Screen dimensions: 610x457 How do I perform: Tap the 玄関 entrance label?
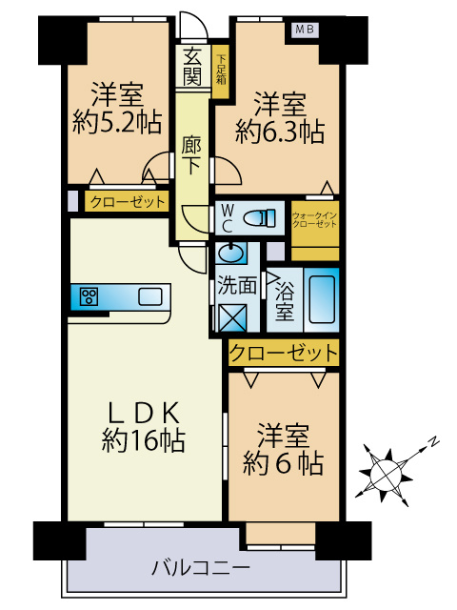[192, 66]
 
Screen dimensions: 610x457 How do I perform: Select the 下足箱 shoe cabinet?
[221, 68]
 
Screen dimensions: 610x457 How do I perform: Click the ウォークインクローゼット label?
[314, 218]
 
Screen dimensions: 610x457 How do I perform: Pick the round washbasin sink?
[229, 253]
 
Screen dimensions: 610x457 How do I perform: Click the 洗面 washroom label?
[236, 284]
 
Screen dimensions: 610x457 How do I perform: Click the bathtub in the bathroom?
[323, 297]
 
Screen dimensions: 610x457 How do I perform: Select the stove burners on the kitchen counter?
[91, 296]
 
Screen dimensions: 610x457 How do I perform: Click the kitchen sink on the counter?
[149, 296]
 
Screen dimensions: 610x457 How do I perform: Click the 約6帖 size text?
[283, 464]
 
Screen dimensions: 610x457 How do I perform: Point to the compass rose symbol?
[387, 469]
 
